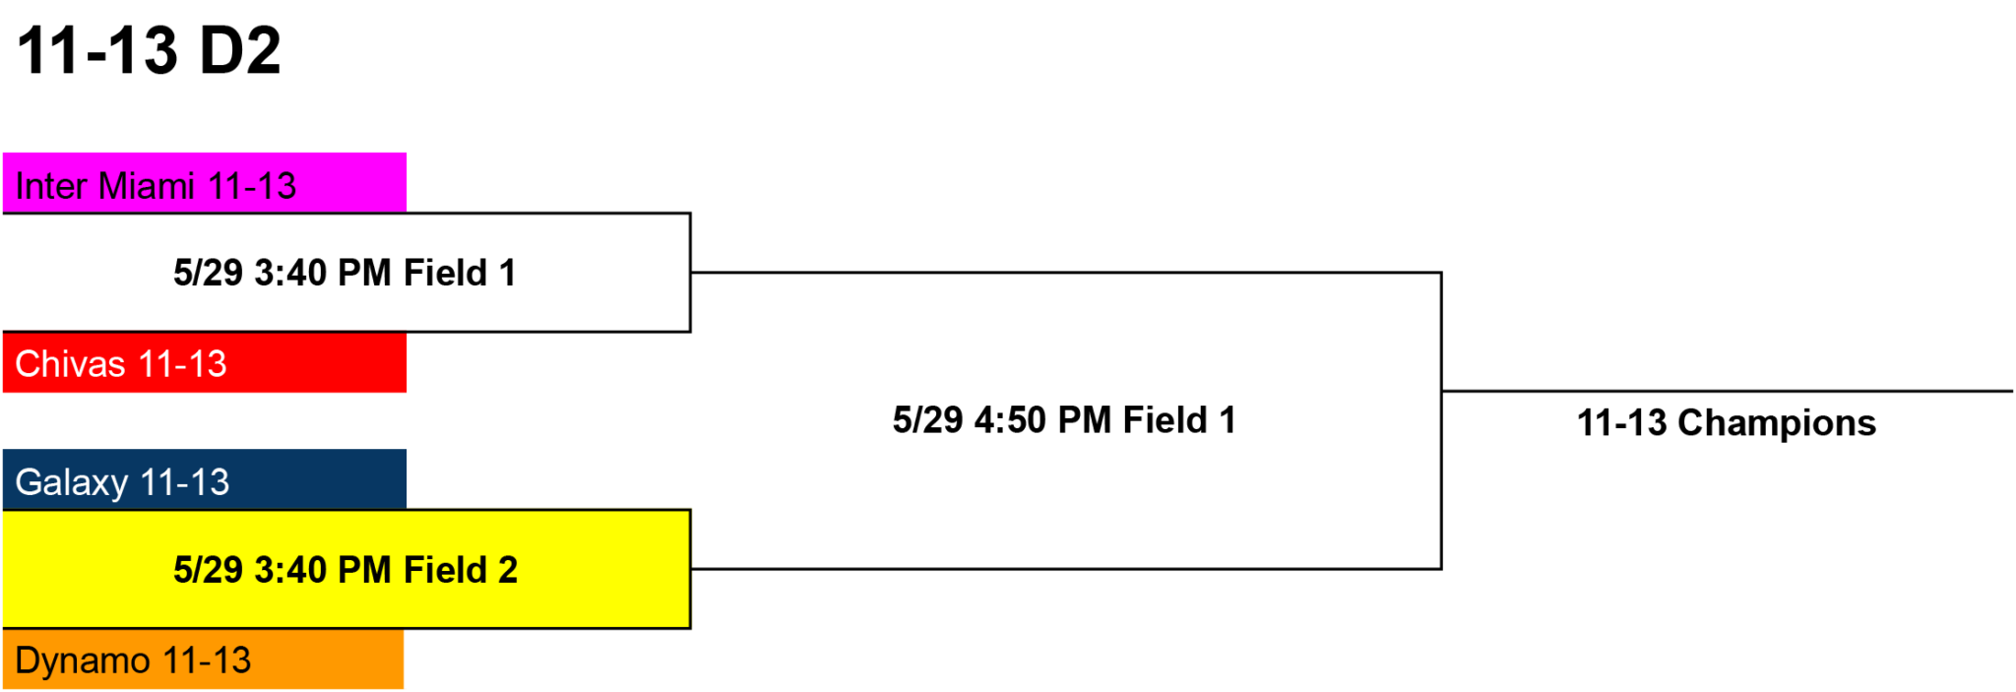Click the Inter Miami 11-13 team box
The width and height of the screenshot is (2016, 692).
click(x=205, y=183)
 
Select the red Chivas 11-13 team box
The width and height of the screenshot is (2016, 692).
click(x=205, y=362)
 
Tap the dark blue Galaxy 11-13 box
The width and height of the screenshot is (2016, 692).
click(x=205, y=479)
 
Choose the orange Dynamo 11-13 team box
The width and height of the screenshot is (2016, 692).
click(x=203, y=659)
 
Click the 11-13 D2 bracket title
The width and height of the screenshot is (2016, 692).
click(x=150, y=50)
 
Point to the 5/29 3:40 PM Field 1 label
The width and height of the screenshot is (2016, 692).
click(x=345, y=273)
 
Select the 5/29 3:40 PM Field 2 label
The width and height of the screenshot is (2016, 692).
click(x=346, y=570)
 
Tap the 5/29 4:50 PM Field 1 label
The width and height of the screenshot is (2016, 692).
click(x=1064, y=420)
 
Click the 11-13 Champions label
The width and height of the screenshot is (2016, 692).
click(x=1727, y=423)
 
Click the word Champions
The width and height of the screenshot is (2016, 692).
click(x=1777, y=423)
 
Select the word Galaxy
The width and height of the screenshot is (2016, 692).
click(x=72, y=483)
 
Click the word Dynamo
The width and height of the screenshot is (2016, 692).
click(x=83, y=661)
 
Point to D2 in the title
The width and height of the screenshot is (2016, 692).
click(x=240, y=50)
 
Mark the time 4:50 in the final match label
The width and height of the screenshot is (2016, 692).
click(x=1010, y=420)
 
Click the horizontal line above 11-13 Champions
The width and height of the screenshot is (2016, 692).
click(x=1728, y=391)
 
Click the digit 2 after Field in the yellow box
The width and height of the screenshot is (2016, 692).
click(x=508, y=570)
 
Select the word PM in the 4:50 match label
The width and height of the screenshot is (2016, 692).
click(x=1085, y=420)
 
